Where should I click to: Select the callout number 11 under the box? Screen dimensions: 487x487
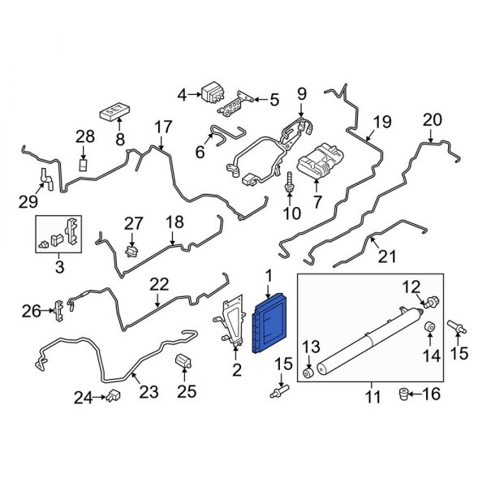tap(372, 398)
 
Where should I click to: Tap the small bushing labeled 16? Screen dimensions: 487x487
tap(400, 394)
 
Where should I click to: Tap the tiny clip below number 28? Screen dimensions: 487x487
tap(82, 165)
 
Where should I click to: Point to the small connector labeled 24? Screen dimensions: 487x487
tap(114, 396)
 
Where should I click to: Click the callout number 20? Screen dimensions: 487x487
tap(432, 120)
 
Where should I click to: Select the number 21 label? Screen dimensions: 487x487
tap(387, 258)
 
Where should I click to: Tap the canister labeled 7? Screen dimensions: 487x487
tap(318, 163)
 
